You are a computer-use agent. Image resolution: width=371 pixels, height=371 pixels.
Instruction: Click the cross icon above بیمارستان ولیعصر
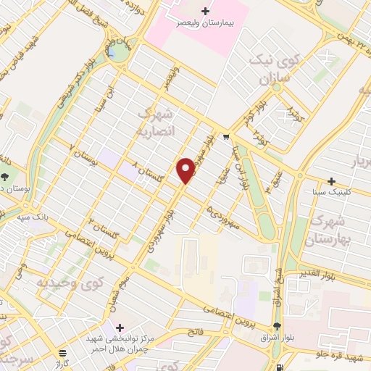tap(207, 11)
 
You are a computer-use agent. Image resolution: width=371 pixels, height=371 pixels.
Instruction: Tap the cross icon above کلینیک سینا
tap(332, 180)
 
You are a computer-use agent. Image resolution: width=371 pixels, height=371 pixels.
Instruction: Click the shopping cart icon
tap(227, 136)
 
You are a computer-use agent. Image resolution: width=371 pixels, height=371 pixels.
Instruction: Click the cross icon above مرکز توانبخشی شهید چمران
tap(120, 327)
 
